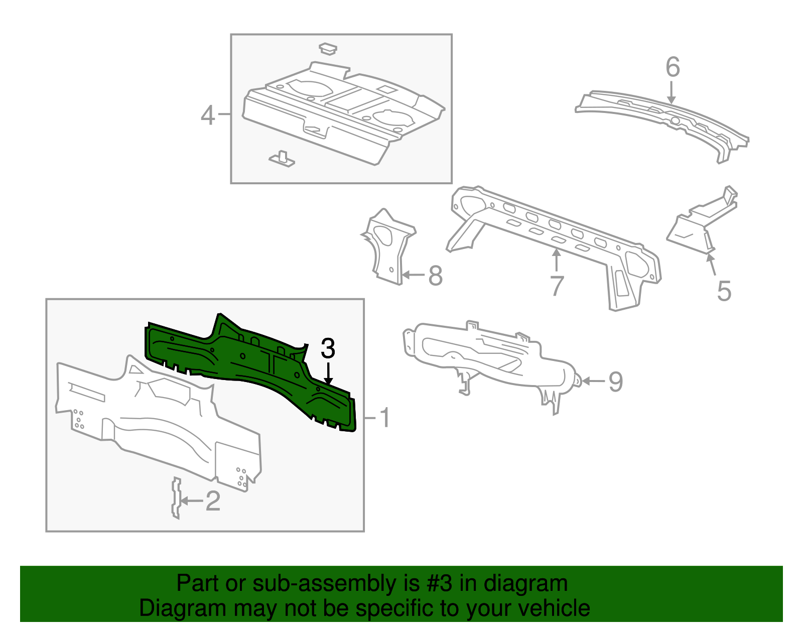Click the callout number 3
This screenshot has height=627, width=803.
pyautogui.click(x=328, y=348)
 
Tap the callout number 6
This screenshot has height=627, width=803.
pyautogui.click(x=673, y=67)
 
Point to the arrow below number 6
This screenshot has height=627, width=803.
pyautogui.click(x=672, y=93)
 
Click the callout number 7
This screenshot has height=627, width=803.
pyautogui.click(x=557, y=286)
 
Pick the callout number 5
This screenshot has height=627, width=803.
pyautogui.click(x=724, y=291)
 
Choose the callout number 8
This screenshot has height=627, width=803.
pyautogui.click(x=435, y=276)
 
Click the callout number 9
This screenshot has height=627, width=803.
pyautogui.click(x=615, y=382)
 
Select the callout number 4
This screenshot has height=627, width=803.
pyautogui.click(x=208, y=115)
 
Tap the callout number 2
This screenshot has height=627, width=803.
pyautogui.click(x=213, y=501)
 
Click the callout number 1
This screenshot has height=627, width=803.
pyautogui.click(x=384, y=418)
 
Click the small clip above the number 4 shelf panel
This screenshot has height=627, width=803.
pyautogui.click(x=328, y=49)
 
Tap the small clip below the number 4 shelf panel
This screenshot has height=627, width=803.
pyautogui.click(x=282, y=159)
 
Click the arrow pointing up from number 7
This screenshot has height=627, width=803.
pyautogui.click(x=556, y=260)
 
